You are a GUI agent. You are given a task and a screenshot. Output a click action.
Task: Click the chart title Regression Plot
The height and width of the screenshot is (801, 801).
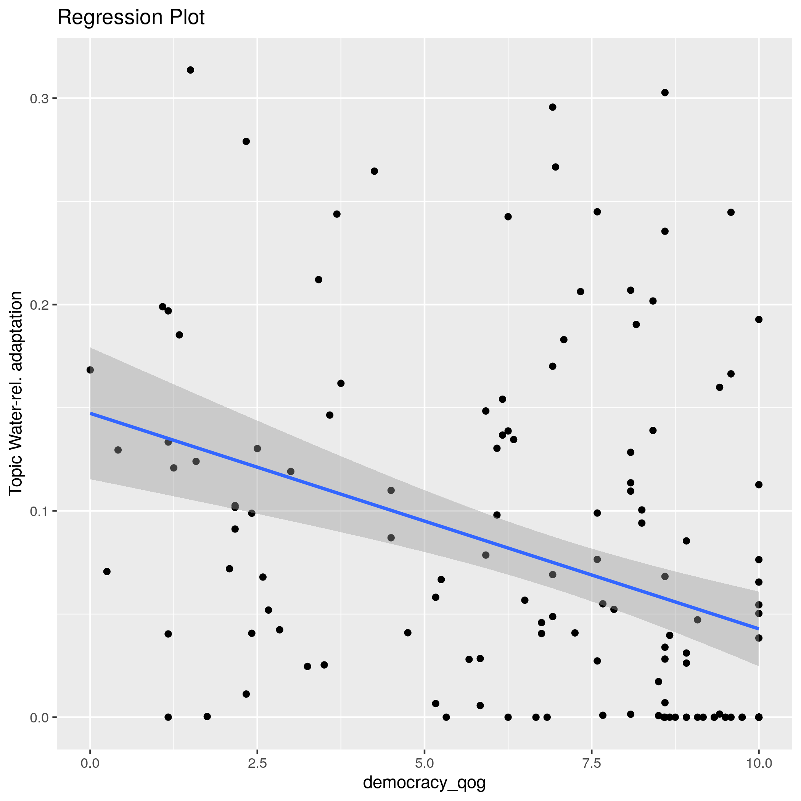(x=130, y=18)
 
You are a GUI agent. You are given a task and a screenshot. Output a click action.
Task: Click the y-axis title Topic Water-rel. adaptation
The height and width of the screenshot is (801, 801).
(x=16, y=393)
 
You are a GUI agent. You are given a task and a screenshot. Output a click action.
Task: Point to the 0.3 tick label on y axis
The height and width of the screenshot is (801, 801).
(x=39, y=99)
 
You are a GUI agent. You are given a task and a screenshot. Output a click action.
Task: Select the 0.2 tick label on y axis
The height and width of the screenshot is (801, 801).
(x=39, y=305)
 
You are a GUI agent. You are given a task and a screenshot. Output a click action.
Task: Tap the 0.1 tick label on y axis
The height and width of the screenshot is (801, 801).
(x=39, y=511)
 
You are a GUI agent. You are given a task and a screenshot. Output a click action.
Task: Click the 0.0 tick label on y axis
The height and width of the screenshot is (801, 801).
(x=39, y=717)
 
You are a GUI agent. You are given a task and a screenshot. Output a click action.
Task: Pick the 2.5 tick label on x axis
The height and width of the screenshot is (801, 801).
(x=257, y=763)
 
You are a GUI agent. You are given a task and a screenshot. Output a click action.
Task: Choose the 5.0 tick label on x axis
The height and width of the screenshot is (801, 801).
(x=424, y=763)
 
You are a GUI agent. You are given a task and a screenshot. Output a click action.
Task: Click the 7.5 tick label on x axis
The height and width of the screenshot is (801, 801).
(x=592, y=763)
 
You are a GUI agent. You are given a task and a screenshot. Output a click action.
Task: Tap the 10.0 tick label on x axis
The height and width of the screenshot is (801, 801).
(x=758, y=763)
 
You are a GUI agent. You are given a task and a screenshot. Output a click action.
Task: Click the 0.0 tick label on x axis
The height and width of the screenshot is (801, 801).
(x=90, y=763)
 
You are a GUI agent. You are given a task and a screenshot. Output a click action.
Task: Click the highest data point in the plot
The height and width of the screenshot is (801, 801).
(x=190, y=70)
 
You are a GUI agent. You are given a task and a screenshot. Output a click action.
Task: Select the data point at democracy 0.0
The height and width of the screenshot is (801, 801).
(x=90, y=370)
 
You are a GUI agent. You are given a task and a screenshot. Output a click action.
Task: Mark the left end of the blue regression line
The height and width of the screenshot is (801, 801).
(x=90, y=413)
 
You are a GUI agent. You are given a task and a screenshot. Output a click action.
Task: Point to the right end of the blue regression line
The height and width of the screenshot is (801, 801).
(x=758, y=629)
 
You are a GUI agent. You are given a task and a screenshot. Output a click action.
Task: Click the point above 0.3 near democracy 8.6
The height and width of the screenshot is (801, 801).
(x=664, y=92)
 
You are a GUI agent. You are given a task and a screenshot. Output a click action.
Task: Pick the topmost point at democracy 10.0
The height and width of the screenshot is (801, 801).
(x=759, y=319)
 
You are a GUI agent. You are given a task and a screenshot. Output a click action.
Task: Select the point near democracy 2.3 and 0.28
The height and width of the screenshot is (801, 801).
(x=246, y=142)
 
